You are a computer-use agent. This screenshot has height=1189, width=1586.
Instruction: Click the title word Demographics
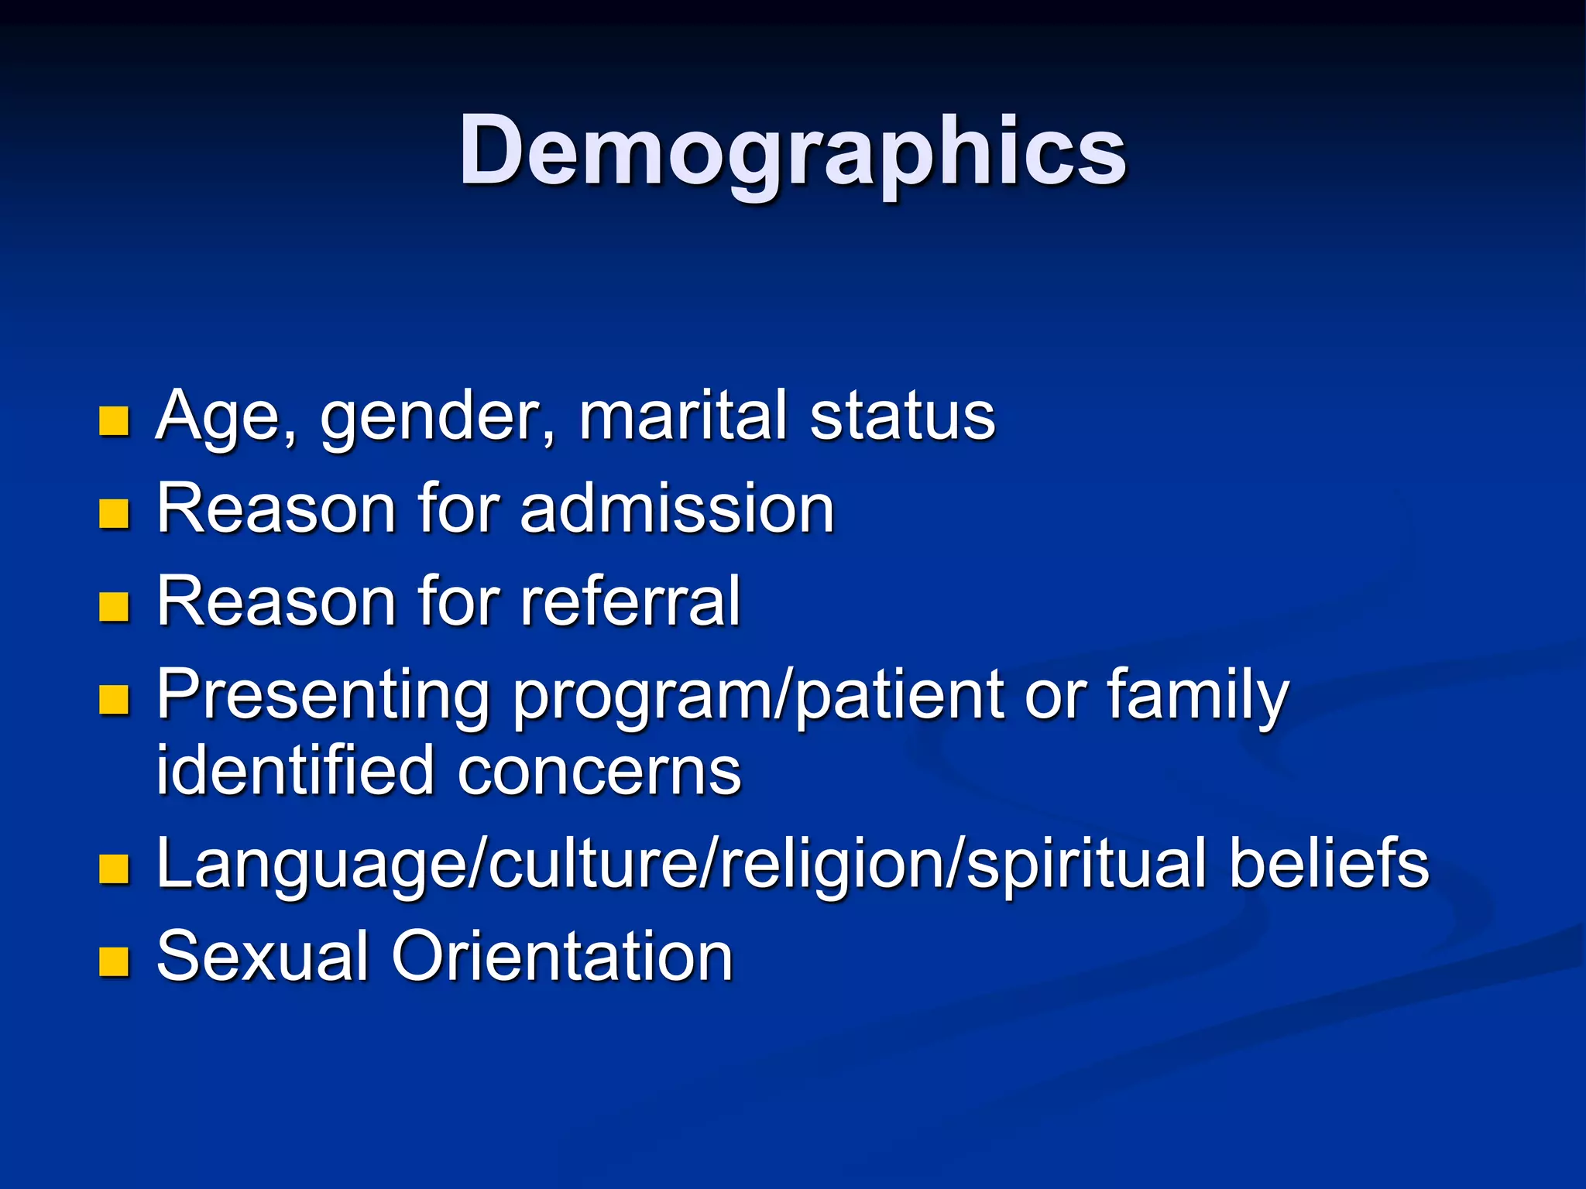pos(792,151)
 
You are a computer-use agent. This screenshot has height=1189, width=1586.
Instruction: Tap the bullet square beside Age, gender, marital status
pos(114,421)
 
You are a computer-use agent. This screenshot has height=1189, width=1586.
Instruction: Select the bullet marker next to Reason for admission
pos(114,513)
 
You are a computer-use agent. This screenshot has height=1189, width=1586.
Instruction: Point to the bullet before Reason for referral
pos(114,606)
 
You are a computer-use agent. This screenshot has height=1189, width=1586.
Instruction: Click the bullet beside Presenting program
pos(114,699)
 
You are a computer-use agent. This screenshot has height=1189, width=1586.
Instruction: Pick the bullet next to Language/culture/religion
pos(114,869)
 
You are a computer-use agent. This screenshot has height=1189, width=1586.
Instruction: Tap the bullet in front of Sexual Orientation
pos(114,961)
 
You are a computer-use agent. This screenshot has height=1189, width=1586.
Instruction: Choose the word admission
pos(677,509)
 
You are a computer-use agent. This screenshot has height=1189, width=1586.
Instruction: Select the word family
pos(1197,696)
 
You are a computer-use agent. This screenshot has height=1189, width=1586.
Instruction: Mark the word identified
pos(295,770)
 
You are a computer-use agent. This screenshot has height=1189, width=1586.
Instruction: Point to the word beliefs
pos(1329,862)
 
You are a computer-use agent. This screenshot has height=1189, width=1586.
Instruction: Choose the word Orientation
pos(562,957)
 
